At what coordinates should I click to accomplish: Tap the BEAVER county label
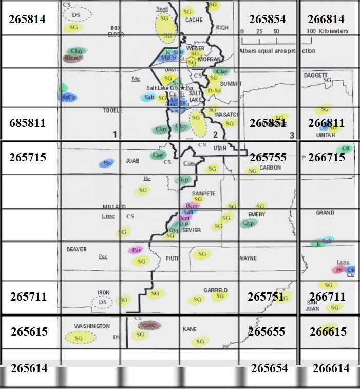pos(77,249)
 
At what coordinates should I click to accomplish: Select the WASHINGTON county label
pos(92,326)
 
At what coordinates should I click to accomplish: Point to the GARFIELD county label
pos(215,290)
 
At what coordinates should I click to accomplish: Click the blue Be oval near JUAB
pos(107,163)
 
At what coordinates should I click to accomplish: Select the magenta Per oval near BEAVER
pos(136,250)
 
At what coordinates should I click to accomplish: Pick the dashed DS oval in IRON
pos(102,302)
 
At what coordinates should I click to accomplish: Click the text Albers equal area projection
pos(277,51)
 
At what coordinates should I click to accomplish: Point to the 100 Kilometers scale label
pos(329,31)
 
